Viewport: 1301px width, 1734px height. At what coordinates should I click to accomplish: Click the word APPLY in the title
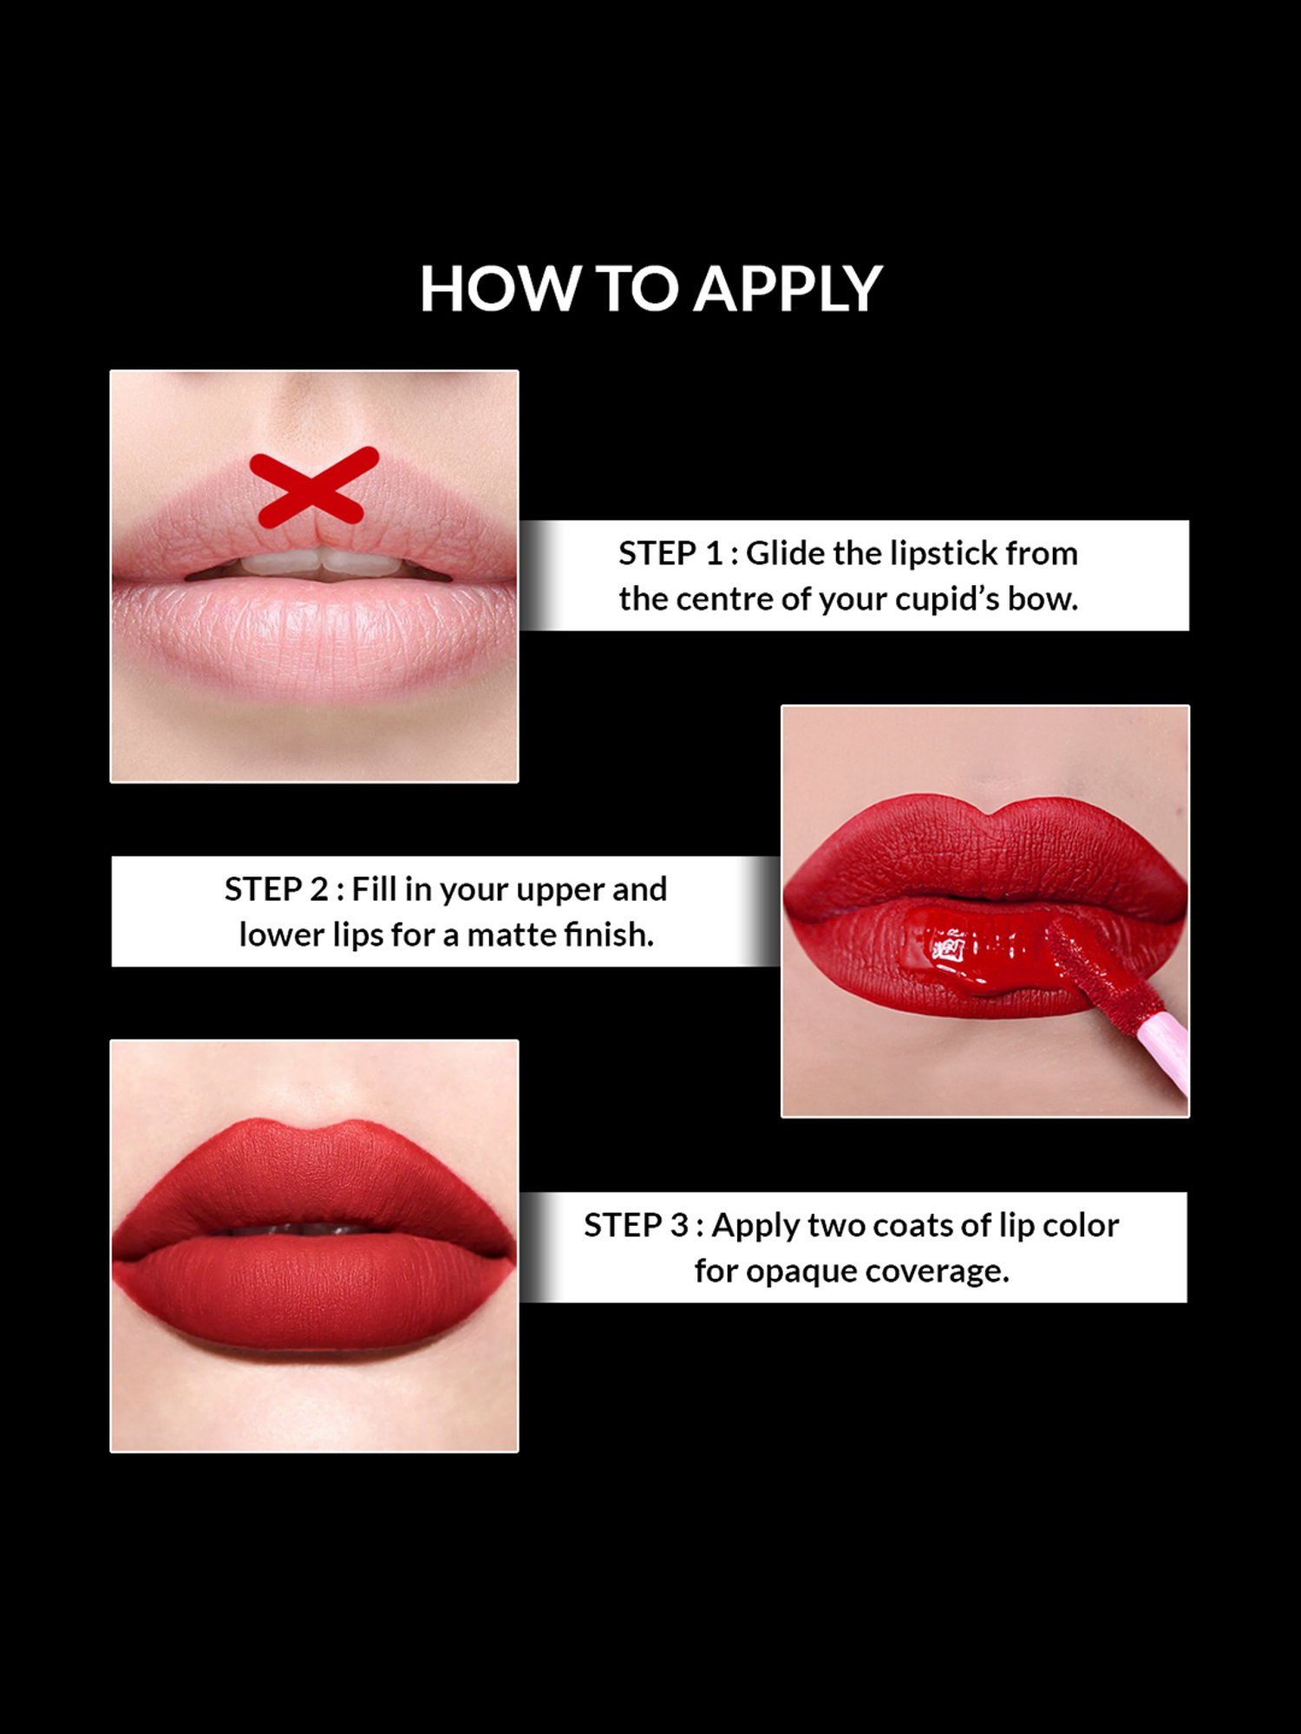pyautogui.click(x=788, y=289)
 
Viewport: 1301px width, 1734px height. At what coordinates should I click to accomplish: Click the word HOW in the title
pyautogui.click(x=499, y=289)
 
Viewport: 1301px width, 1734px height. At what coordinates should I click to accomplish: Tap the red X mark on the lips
pyautogui.click(x=314, y=486)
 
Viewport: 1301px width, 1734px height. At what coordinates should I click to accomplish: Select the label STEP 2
pyautogui.click(x=276, y=890)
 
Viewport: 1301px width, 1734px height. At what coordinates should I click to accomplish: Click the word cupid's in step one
pyautogui.click(x=947, y=599)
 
